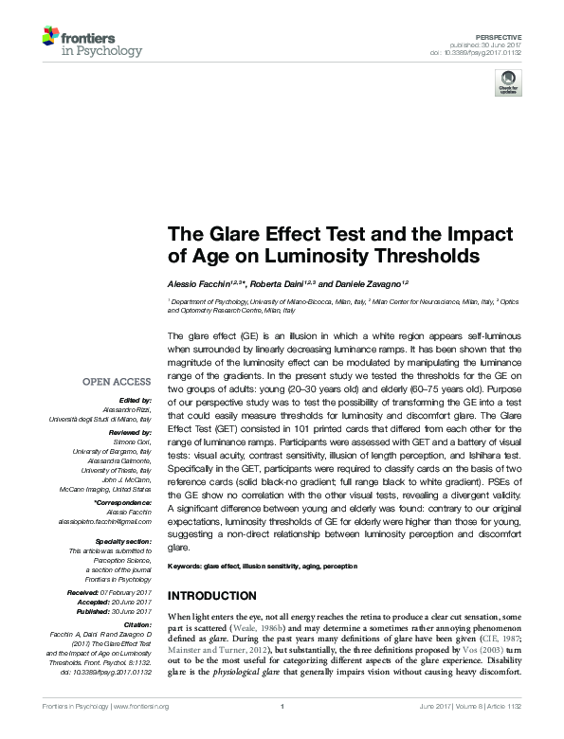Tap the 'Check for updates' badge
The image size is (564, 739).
pyautogui.click(x=508, y=81)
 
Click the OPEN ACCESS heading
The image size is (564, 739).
pyautogui.click(x=117, y=382)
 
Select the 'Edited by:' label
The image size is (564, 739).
pyautogui.click(x=134, y=402)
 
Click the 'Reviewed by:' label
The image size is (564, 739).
pyautogui.click(x=129, y=431)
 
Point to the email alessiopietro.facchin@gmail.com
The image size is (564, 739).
pyautogui.click(x=106, y=522)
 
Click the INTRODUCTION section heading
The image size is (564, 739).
pyautogui.click(x=211, y=596)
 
